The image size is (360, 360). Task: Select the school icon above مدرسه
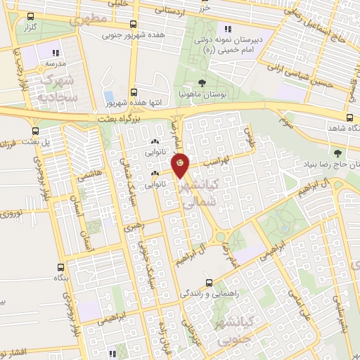pyautogui.click(x=56, y=51)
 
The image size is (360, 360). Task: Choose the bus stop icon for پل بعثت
pyautogui.click(x=36, y=131)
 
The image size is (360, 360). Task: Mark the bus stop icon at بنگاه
pyautogui.click(x=60, y=269)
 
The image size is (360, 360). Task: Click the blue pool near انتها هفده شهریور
pyautogui.click(x=108, y=96)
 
